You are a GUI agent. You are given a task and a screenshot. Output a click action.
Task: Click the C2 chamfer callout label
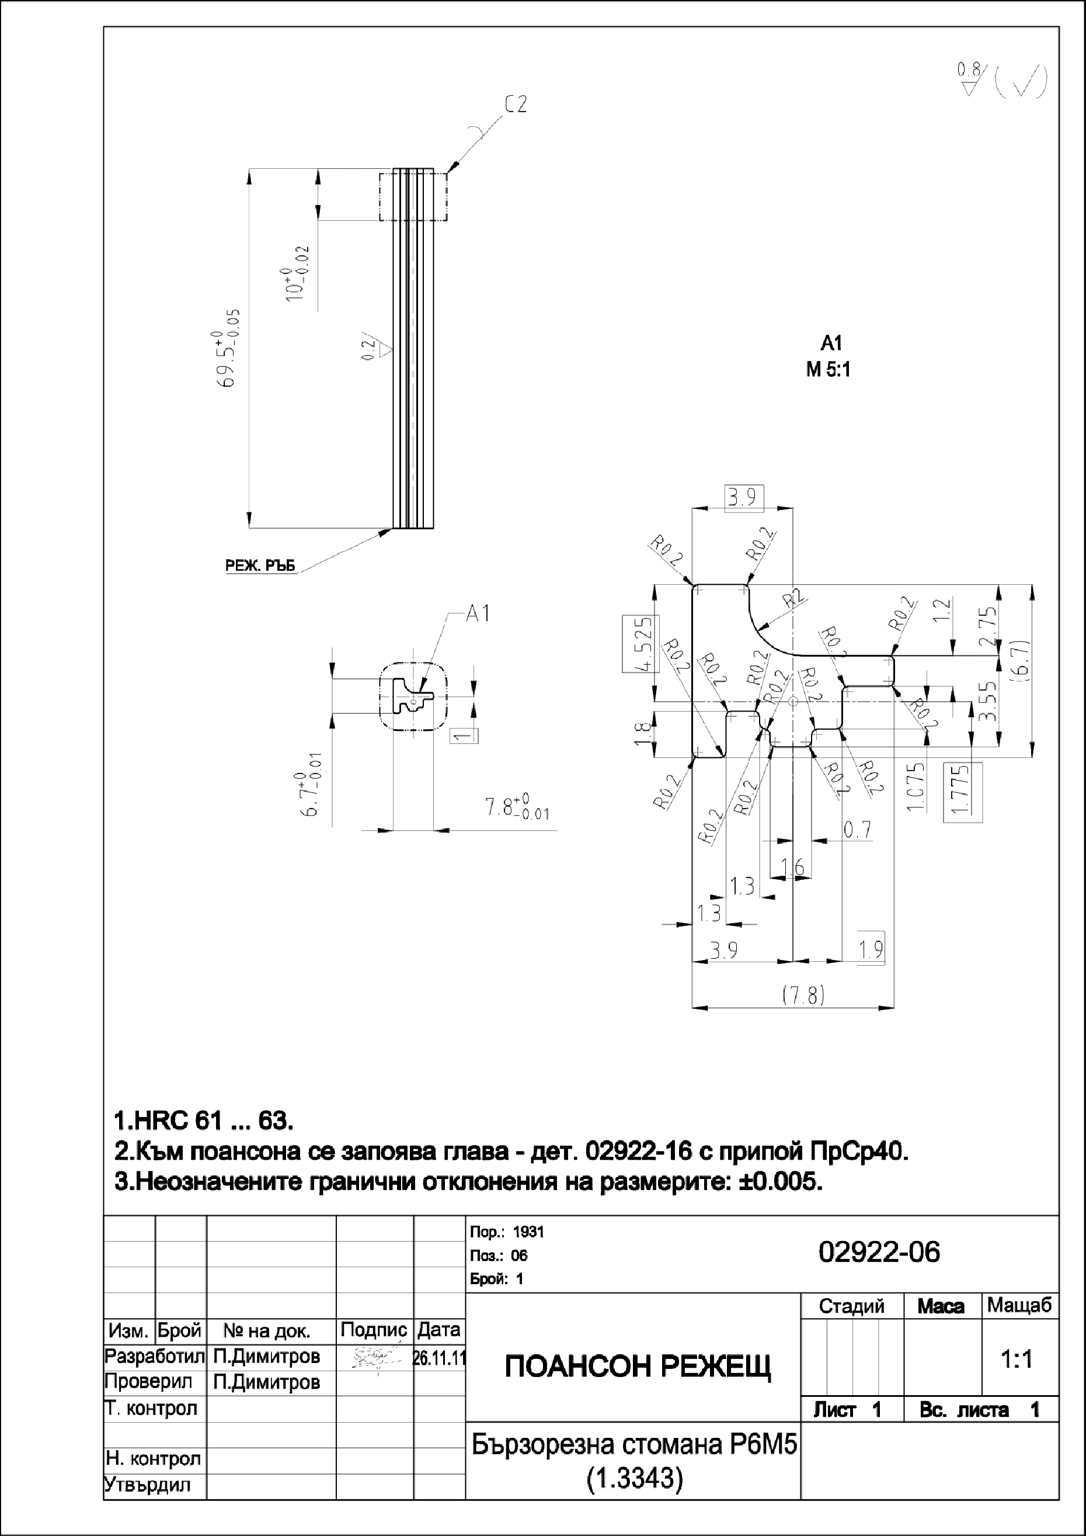point(516,105)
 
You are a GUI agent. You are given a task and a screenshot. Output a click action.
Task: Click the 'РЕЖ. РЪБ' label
point(260,566)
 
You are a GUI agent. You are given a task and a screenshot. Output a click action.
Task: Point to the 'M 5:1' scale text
point(828,370)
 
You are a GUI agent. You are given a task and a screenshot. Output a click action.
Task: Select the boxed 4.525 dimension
point(641,643)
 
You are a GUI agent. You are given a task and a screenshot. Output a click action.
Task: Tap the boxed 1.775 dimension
point(962,792)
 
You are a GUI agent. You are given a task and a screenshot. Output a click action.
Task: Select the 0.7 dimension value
point(857,830)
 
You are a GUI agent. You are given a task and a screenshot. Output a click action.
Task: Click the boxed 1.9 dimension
point(871,949)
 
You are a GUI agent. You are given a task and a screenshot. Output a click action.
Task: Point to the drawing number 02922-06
point(879,1251)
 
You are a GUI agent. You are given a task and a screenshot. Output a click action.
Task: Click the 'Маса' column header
point(940,1306)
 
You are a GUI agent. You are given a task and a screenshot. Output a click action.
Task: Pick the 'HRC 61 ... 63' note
point(204,1120)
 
